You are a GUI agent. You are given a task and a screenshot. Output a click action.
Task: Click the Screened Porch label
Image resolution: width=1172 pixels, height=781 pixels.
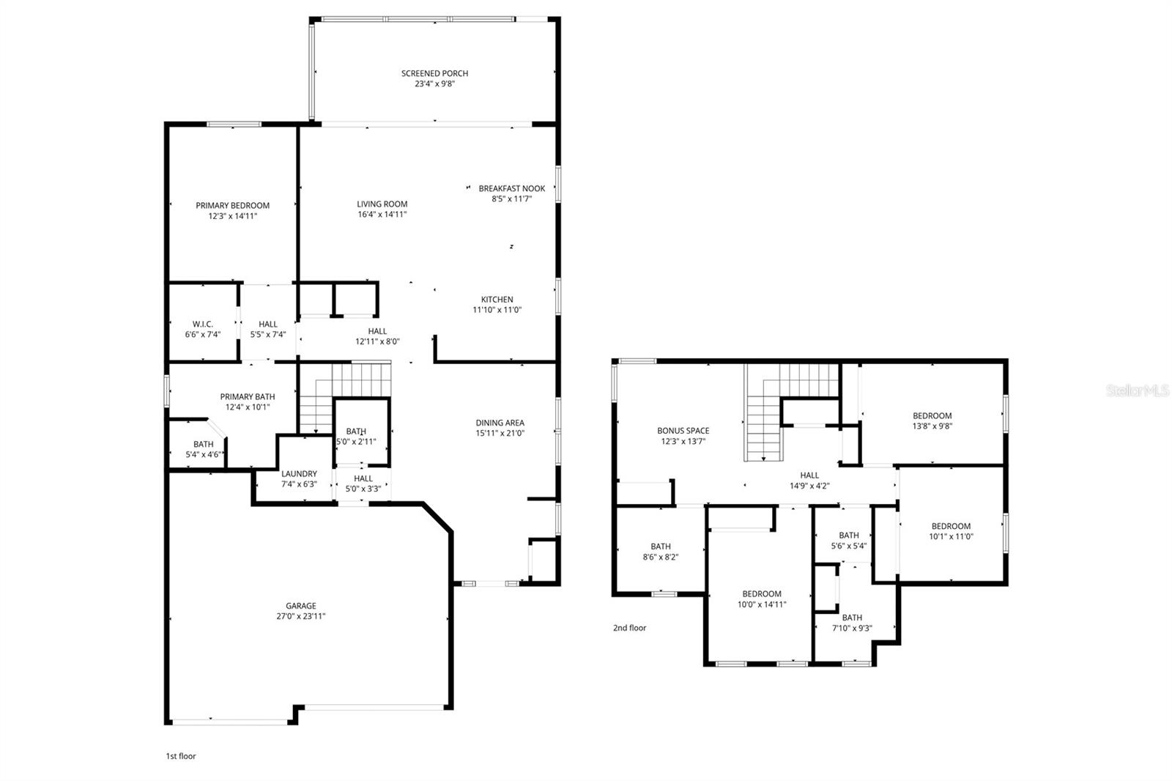click(x=434, y=73)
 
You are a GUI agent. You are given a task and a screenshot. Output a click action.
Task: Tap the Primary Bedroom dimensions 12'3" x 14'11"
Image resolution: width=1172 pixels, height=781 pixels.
click(x=232, y=216)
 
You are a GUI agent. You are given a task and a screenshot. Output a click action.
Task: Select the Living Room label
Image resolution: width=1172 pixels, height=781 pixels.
click(x=382, y=204)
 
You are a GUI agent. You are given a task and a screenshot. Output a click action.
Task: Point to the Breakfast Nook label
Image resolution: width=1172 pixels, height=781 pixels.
click(x=511, y=188)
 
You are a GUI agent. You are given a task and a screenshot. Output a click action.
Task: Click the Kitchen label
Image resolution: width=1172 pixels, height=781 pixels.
click(x=497, y=300)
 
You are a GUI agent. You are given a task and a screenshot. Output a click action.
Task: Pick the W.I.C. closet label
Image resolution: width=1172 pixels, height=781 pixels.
click(x=203, y=324)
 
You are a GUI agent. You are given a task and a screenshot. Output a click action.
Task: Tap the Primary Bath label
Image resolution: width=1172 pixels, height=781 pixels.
click(x=248, y=397)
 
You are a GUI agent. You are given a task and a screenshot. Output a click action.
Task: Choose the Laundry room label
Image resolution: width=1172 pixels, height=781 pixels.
click(x=299, y=474)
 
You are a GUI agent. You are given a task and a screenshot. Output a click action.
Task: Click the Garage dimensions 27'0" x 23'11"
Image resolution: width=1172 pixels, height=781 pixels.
click(x=300, y=616)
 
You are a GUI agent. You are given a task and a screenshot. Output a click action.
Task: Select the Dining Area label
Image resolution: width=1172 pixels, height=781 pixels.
click(x=500, y=423)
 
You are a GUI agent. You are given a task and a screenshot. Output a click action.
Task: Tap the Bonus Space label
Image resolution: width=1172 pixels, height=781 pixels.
click(x=683, y=431)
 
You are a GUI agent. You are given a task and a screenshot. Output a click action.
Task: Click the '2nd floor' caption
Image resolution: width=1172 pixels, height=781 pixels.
click(x=629, y=628)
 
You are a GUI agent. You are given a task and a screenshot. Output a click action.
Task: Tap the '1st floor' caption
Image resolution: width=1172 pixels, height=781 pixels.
click(x=180, y=756)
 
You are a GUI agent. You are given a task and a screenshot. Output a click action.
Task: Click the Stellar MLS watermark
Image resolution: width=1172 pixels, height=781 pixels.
click(x=1137, y=391)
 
